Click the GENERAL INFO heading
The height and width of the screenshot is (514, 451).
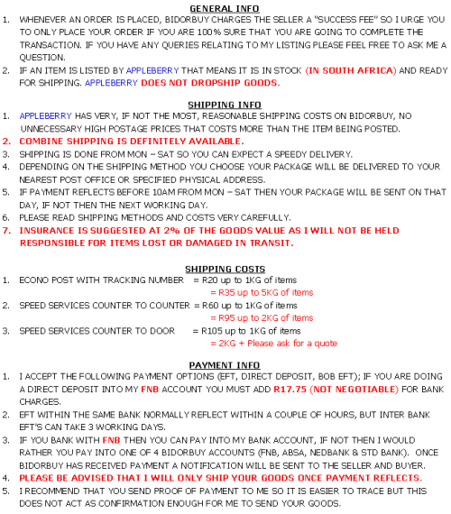(225, 8)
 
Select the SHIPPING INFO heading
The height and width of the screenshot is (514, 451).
(225, 105)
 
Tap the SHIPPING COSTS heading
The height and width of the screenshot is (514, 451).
(225, 269)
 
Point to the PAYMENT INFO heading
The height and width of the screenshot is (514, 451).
(225, 365)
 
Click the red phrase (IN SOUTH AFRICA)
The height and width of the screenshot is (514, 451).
(351, 71)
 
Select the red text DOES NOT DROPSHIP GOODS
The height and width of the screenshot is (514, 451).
(209, 83)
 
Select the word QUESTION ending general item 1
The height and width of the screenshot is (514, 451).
(42, 58)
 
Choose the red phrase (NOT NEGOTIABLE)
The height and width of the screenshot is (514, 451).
(354, 390)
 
